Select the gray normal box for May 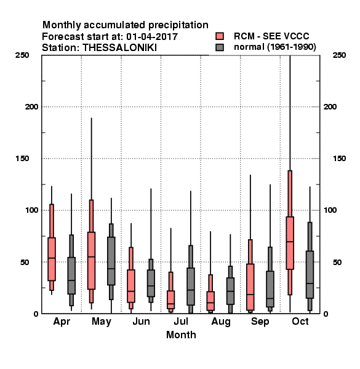coord(111,261)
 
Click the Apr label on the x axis coord(62,322)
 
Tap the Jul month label coord(181,321)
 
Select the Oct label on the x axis coord(300,321)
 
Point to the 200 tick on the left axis coord(31,106)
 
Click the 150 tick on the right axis coord(339,159)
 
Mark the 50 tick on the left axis coord(25,262)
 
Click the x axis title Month coord(181,335)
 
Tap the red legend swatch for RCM coord(220,36)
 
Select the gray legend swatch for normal coord(220,47)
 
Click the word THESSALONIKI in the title coord(119,48)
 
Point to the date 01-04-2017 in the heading coord(152,36)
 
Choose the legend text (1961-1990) coord(292,47)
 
